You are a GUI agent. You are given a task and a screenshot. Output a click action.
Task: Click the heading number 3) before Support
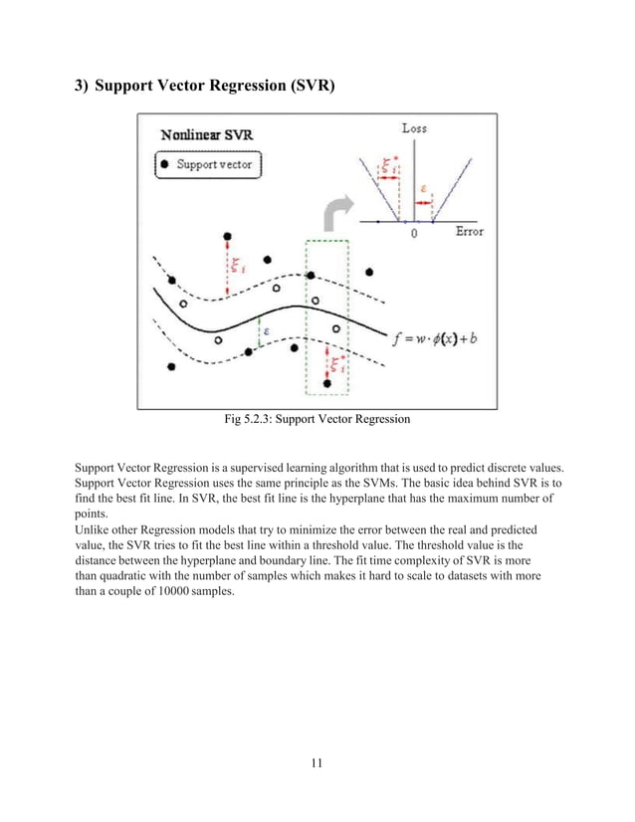coord(86,87)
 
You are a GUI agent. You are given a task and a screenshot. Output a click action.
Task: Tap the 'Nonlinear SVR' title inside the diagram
coord(209,136)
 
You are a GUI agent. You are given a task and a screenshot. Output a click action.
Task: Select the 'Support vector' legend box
coord(208,163)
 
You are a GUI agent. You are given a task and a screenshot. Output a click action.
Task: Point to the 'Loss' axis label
coord(415,128)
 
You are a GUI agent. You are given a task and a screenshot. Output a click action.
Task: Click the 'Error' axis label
coord(469,233)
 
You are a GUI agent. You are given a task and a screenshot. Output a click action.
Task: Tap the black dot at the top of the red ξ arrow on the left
coord(229,237)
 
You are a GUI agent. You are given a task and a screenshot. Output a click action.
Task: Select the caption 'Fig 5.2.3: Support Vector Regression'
coord(317,421)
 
